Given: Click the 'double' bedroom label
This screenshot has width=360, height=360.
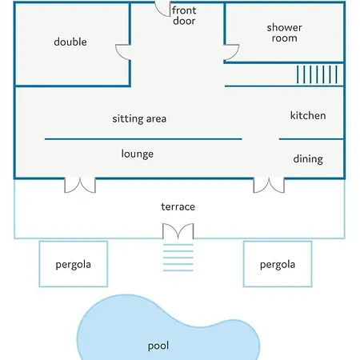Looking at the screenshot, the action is [x=70, y=42].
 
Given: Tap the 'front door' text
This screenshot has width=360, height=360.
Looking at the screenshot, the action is [x=184, y=15].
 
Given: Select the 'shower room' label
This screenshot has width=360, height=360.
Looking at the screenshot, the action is [x=284, y=33].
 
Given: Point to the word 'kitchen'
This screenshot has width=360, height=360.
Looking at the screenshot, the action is [x=308, y=115].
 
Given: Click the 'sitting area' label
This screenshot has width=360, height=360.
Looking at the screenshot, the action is [x=139, y=119].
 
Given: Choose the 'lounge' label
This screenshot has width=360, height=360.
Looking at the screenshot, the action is [x=138, y=154].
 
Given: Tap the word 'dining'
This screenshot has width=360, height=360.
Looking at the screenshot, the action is [x=308, y=159].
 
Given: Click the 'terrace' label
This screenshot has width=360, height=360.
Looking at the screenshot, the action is [x=178, y=206].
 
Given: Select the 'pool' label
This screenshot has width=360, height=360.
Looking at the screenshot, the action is [x=158, y=346].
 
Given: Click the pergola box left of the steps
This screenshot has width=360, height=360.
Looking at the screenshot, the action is [x=74, y=242].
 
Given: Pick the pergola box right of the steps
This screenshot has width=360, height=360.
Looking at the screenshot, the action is [x=278, y=242].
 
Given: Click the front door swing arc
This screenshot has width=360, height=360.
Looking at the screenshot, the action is [x=160, y=13].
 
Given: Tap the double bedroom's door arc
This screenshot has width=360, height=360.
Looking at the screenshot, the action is [x=120, y=55].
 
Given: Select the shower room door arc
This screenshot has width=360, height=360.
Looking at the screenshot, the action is [x=234, y=55].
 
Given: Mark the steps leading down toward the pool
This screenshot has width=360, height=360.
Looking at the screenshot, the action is [x=178, y=258].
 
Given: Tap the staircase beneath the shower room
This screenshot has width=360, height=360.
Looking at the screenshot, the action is [x=317, y=74].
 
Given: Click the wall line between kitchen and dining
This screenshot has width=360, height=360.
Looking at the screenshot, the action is [x=311, y=139].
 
